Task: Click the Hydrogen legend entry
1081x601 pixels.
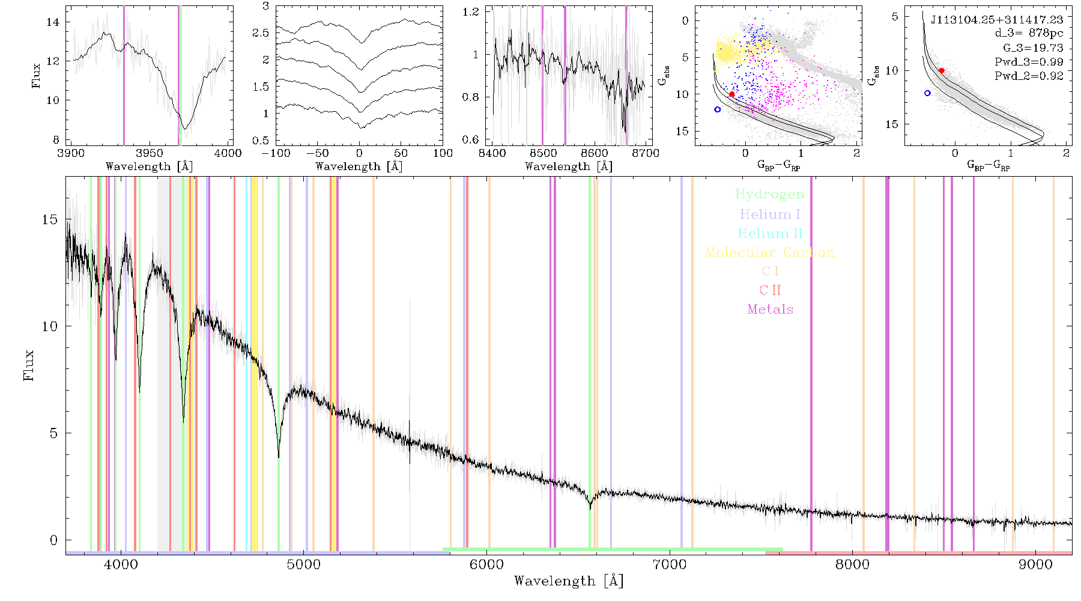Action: click(769, 195)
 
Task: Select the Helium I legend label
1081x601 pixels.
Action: click(770, 214)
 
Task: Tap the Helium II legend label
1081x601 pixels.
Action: click(770, 233)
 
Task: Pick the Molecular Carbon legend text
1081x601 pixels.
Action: click(770, 252)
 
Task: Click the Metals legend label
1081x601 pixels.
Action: click(770, 310)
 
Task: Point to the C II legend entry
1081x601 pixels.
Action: click(770, 290)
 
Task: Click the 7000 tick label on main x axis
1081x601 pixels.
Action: click(669, 564)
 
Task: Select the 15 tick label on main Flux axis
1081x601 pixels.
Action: click(50, 219)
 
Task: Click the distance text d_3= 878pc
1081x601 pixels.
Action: click(1029, 33)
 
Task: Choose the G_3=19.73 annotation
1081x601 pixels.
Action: click(1033, 47)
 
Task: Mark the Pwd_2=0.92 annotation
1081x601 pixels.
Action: click(1029, 76)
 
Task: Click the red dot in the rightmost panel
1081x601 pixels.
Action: click(942, 70)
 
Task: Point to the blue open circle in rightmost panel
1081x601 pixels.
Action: click(927, 93)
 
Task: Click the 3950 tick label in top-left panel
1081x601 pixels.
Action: click(150, 153)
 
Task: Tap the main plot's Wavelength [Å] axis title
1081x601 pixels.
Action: click(569, 581)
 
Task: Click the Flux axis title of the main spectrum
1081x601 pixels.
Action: click(28, 365)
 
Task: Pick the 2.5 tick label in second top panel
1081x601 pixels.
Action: click(261, 33)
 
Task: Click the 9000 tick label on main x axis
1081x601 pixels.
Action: click(1035, 564)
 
